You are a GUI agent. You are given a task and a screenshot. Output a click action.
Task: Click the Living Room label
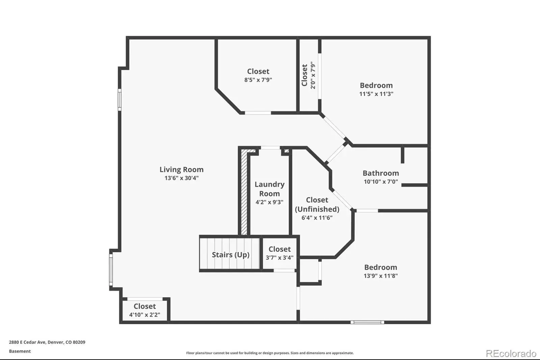pos(182,170)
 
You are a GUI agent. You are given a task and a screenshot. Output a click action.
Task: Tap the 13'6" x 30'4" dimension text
pos(182,178)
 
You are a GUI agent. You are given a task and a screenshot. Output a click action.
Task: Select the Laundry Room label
pos(270,189)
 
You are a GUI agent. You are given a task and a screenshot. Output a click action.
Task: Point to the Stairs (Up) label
pos(231,255)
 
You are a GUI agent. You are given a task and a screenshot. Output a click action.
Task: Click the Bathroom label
pos(381,173)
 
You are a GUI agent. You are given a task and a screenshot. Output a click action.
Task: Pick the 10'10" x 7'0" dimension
pos(381,181)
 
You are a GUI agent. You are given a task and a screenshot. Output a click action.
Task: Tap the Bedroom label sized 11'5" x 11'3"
pos(376,85)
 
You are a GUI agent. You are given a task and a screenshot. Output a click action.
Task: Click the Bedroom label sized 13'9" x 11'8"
pos(380,267)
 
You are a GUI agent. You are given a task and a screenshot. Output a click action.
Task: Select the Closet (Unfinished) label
pos(317,204)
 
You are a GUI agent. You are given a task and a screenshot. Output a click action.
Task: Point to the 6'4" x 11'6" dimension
pos(317,217)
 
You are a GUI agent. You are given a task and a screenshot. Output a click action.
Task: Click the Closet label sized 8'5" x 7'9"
pos(258,71)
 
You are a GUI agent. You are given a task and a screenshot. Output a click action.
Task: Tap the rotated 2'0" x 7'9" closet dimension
pos(313,75)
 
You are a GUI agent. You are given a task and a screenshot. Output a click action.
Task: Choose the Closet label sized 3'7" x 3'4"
pos(280,249)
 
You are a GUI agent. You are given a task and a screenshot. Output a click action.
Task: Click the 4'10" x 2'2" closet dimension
pos(145,315)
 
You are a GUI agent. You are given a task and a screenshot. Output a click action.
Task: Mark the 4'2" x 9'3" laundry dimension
pos(270,202)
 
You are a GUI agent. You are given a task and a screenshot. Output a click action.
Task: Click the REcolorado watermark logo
pos(511,354)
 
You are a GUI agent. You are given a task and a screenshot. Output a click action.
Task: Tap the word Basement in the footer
pos(20,351)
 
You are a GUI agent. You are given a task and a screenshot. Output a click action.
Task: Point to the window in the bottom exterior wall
pos(367,322)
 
